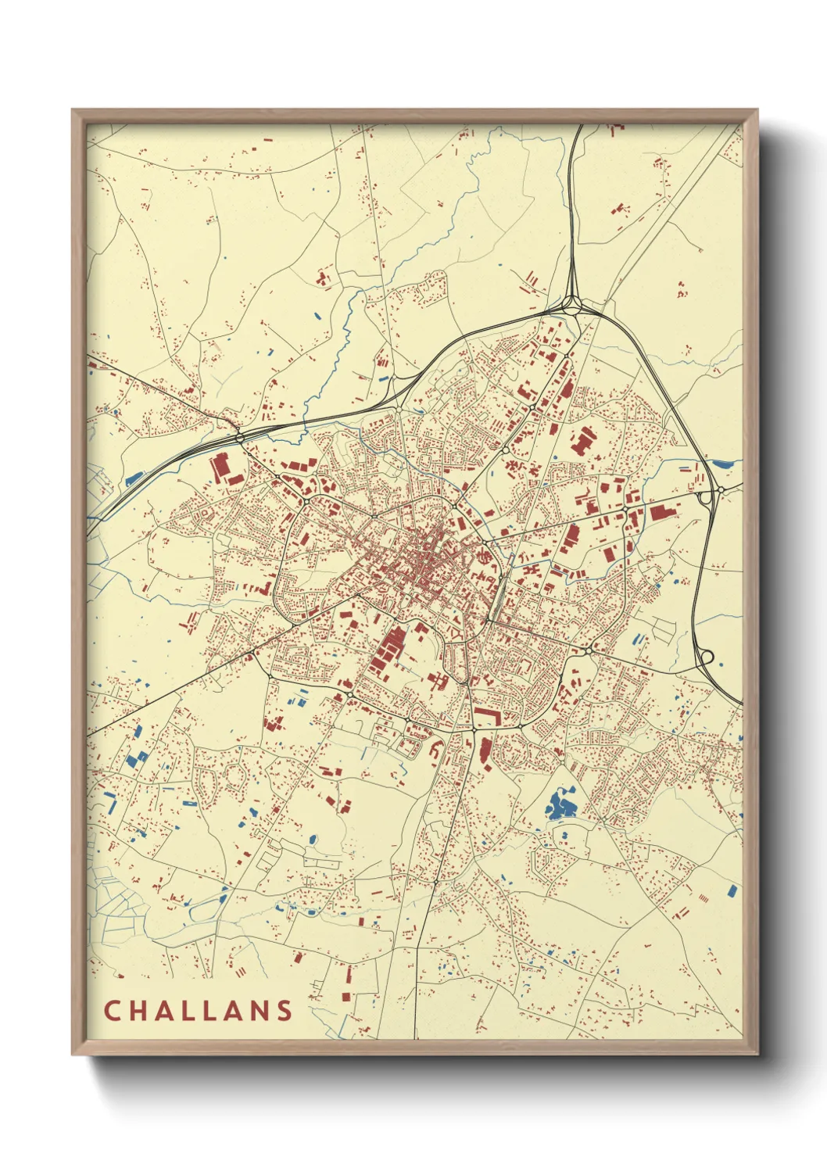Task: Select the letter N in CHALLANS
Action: tap(259, 1011)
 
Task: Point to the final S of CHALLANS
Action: tap(284, 1011)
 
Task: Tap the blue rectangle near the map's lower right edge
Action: tap(732, 890)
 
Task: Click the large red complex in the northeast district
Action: tap(582, 442)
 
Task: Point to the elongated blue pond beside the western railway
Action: tap(134, 478)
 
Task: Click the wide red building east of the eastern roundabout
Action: tap(663, 512)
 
